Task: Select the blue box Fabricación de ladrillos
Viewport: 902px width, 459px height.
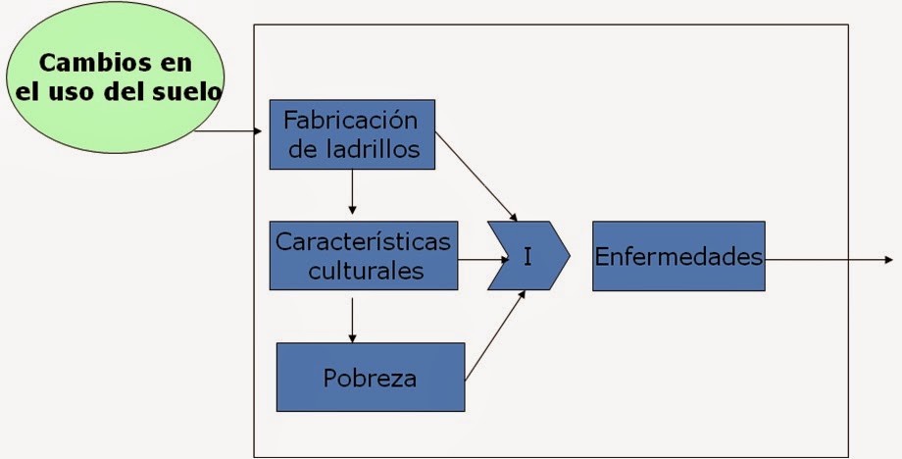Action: [352, 134]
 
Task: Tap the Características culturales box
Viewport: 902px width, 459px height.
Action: [364, 255]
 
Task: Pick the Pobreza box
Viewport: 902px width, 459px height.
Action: [370, 377]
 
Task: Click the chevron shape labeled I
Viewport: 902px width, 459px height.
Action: [529, 257]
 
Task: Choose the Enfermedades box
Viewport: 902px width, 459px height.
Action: [678, 257]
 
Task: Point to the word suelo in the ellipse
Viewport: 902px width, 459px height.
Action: [186, 94]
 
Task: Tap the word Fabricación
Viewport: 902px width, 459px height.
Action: [350, 121]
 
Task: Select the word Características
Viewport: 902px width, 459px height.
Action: [364, 240]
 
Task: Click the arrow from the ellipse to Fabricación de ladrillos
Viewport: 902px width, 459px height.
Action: [231, 130]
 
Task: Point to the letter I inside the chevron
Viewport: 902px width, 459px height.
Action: [527, 257]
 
